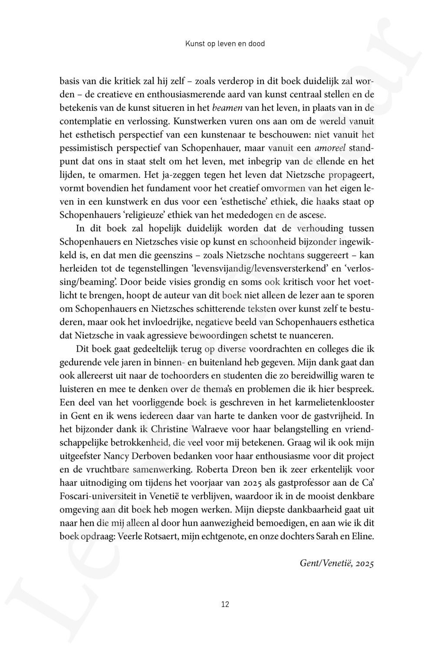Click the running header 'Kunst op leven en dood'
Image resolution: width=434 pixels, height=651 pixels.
(225, 43)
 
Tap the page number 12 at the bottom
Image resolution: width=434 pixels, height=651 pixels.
(225, 604)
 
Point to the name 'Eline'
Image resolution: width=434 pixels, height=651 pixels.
(363, 537)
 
